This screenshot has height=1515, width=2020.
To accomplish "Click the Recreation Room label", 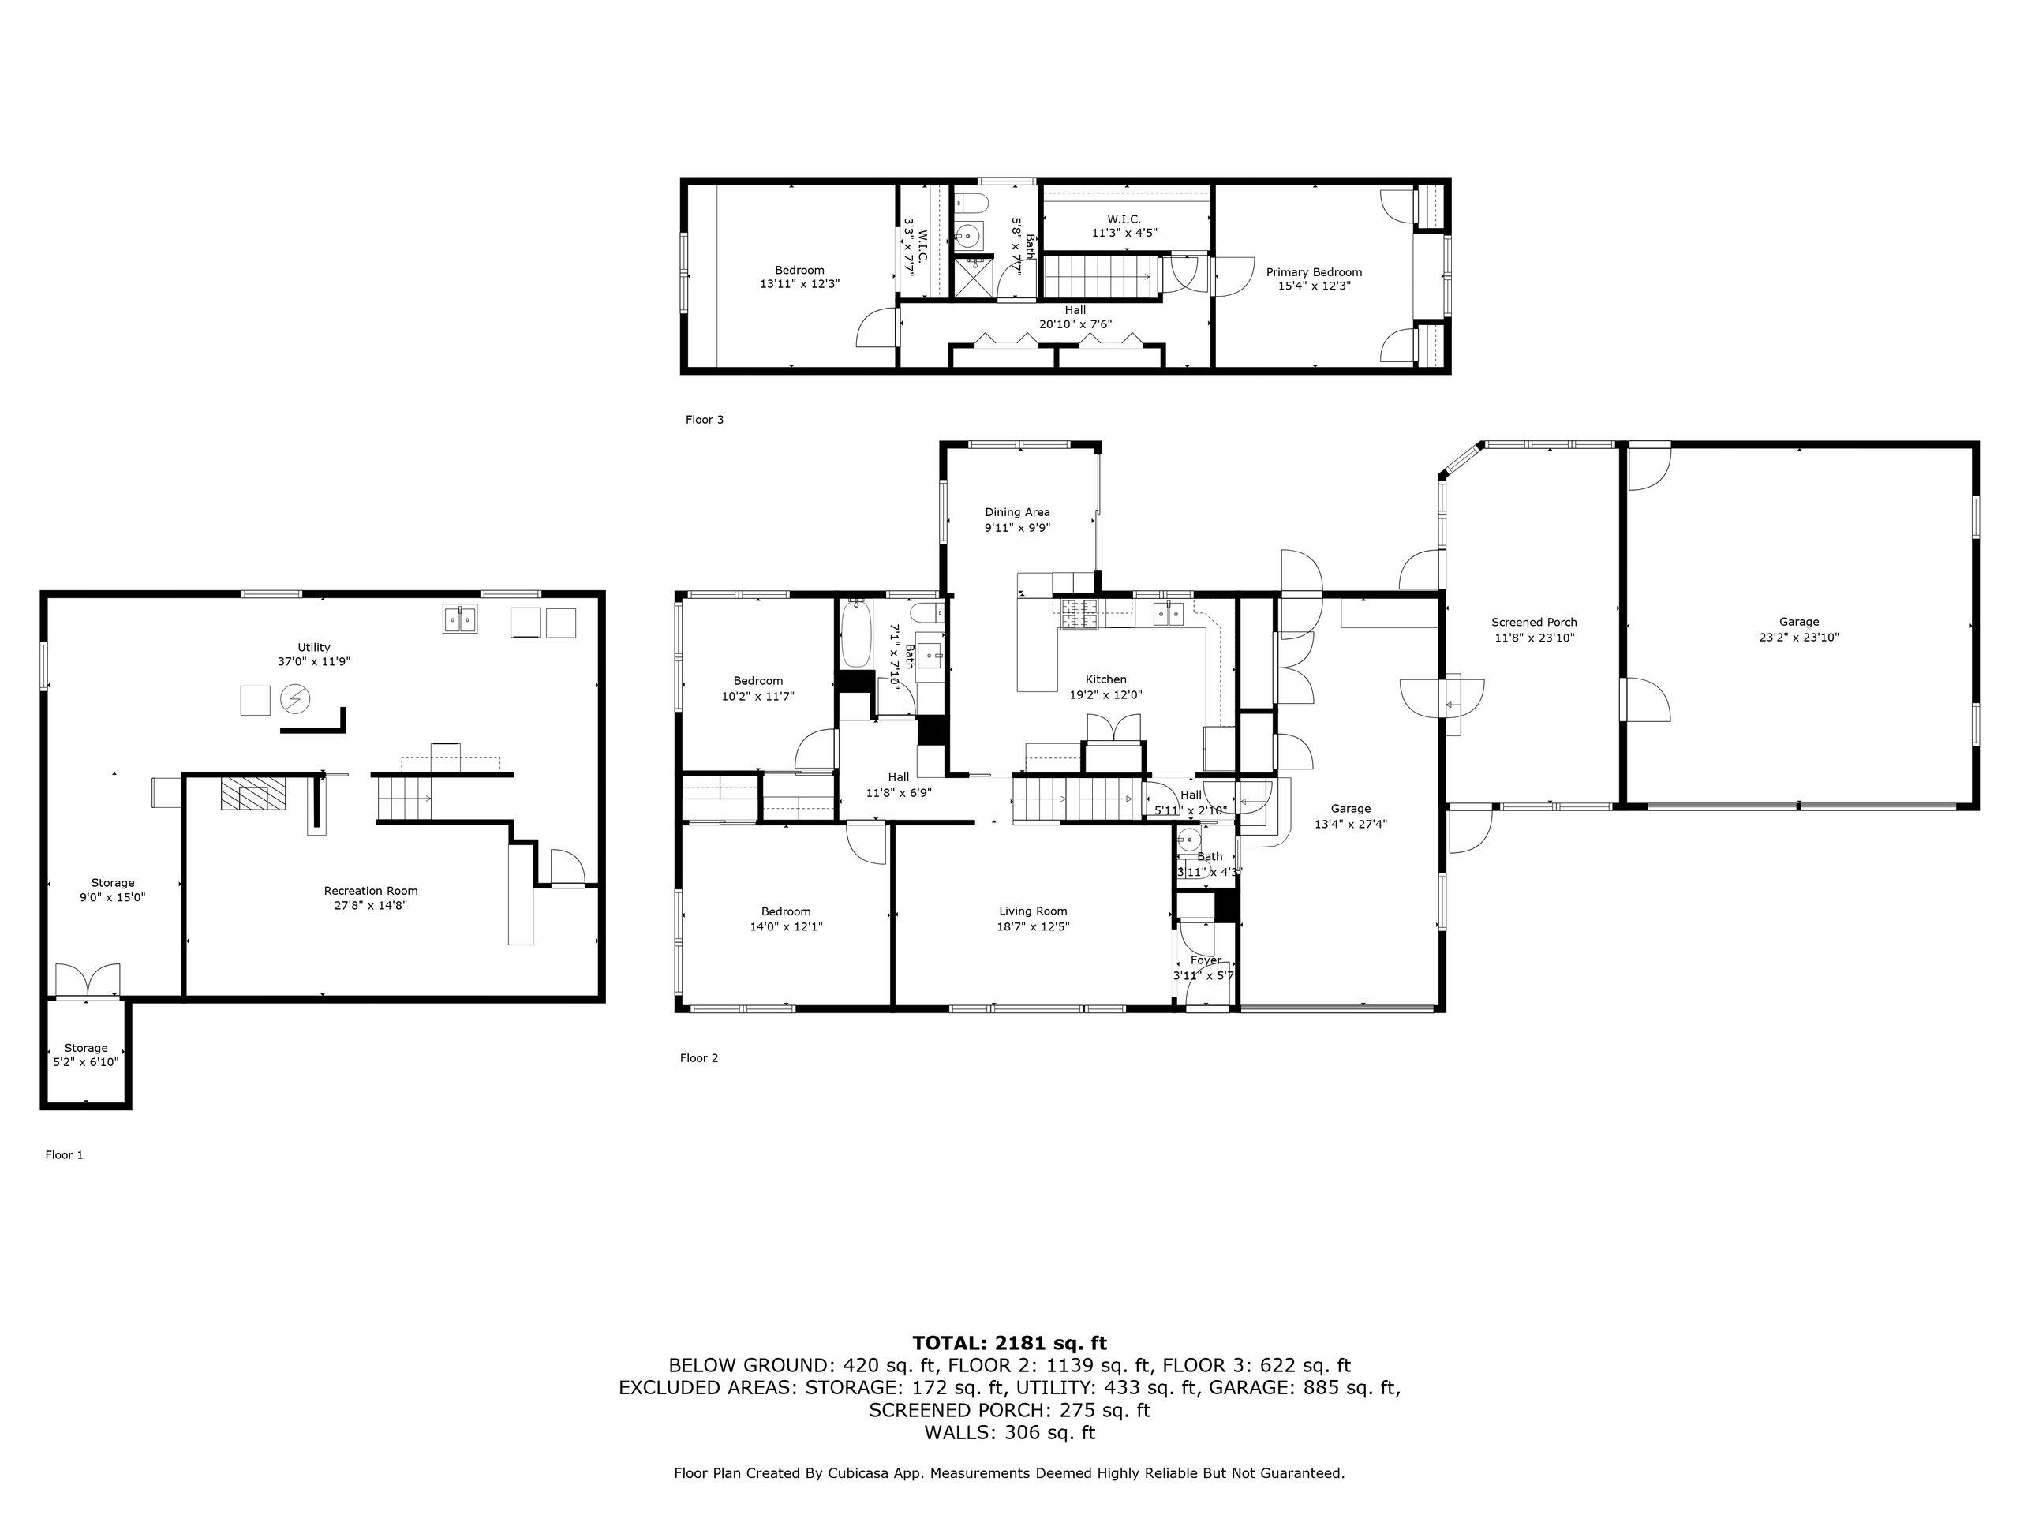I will point(371,890).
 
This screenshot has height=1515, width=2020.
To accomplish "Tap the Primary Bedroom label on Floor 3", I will point(1313,272).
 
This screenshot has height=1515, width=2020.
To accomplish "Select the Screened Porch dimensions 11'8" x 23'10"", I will point(1534,638).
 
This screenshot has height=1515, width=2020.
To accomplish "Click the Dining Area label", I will point(1017,512).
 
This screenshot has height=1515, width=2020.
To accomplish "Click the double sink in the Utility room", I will point(461,620).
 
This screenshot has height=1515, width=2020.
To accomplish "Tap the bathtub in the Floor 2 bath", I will point(855,634).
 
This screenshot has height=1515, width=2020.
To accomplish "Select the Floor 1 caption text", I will point(64,1154).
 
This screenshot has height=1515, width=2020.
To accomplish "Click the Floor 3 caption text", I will point(704,420).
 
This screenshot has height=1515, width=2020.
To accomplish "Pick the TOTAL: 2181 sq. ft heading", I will point(1009,1342).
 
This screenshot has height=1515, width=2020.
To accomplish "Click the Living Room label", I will point(1033,911).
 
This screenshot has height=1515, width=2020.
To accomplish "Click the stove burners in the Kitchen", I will point(1081,615).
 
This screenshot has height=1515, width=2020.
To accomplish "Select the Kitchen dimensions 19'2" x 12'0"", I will point(1106,694).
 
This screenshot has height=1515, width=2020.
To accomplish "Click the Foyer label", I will point(1206,959).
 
